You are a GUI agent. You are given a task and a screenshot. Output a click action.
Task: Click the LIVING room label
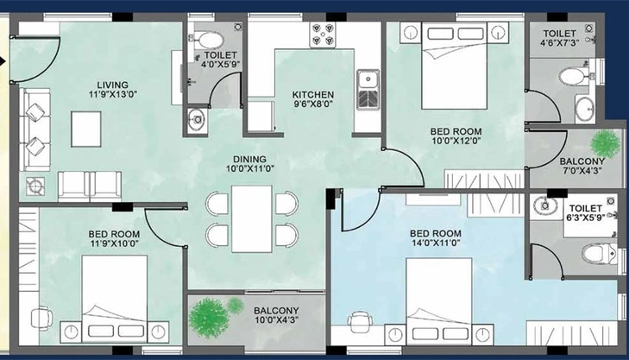113,85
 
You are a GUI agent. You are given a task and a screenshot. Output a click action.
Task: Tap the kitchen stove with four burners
323,35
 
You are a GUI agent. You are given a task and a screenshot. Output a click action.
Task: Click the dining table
252,218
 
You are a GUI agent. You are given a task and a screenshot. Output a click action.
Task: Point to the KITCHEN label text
313,95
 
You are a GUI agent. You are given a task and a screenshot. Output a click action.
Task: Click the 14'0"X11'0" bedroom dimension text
436,243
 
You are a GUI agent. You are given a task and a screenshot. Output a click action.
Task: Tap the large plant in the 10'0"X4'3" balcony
209,318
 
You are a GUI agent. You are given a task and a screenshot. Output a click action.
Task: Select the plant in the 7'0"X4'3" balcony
606,143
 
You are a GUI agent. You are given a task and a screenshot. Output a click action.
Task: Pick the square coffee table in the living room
86,129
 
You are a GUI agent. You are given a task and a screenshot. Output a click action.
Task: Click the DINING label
249,160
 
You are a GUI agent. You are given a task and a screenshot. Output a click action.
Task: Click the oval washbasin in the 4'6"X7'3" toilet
585,109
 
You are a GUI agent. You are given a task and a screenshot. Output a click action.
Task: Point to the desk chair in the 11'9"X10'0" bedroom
41,318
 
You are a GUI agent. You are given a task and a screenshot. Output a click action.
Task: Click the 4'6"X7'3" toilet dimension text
559,42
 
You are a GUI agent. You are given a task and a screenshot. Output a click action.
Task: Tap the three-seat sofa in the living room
35,129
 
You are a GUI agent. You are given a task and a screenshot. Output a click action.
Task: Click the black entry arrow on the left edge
3,61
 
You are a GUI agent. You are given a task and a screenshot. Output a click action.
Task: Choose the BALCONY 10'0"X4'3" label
276,315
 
